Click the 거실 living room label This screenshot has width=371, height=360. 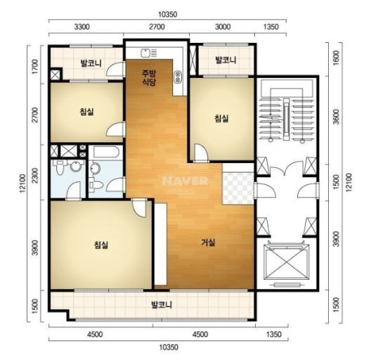click(x=208, y=243)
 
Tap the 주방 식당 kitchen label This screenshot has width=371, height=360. click(x=149, y=77)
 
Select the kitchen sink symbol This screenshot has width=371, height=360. click(x=149, y=53)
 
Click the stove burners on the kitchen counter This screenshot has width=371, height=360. click(x=177, y=77)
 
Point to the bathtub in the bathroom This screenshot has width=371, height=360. click(x=105, y=153)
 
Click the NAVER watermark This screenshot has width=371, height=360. click(x=185, y=181)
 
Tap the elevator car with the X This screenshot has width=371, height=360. click(x=287, y=262)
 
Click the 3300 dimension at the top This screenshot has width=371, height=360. click(x=82, y=27)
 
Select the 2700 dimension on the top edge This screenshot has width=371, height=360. click(x=157, y=27)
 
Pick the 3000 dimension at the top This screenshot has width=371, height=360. click(x=223, y=27)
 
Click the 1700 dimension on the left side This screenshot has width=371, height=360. click(x=35, y=67)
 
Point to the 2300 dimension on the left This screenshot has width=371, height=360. click(x=35, y=176)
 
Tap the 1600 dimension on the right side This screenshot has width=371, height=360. click(x=337, y=58)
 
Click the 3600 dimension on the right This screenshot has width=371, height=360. click(x=337, y=117)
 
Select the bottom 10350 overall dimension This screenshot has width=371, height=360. click(x=169, y=347)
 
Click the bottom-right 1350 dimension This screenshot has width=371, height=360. click(x=274, y=335)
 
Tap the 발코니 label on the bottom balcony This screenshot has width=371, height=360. click(x=162, y=304)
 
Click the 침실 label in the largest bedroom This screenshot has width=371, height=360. click(x=101, y=245)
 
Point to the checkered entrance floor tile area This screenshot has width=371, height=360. click(x=237, y=188)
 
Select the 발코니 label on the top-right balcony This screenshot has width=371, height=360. click(x=226, y=60)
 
